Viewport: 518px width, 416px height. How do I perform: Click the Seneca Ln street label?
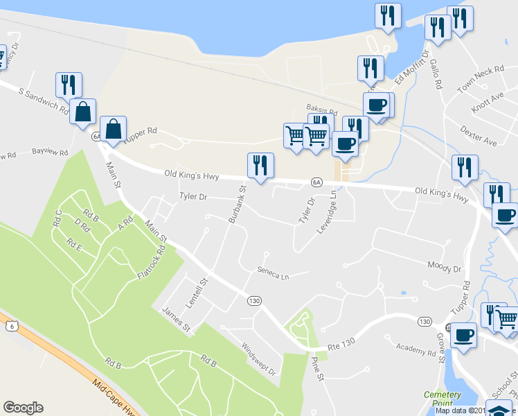pyautogui.click(x=272, y=274)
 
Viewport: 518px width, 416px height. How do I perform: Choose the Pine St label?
pyautogui.click(x=317, y=368)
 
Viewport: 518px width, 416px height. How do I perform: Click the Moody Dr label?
pyautogui.click(x=444, y=266)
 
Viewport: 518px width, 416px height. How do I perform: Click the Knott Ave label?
pyautogui.click(x=488, y=101)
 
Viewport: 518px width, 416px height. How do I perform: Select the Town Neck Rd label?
pyautogui.click(x=492, y=73)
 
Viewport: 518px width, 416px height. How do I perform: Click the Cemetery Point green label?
pyautogui.click(x=442, y=399)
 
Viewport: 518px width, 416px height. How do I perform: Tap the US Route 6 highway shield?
pyautogui.click(x=10, y=325)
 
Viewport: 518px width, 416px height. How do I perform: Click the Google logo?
pyautogui.click(x=23, y=408)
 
